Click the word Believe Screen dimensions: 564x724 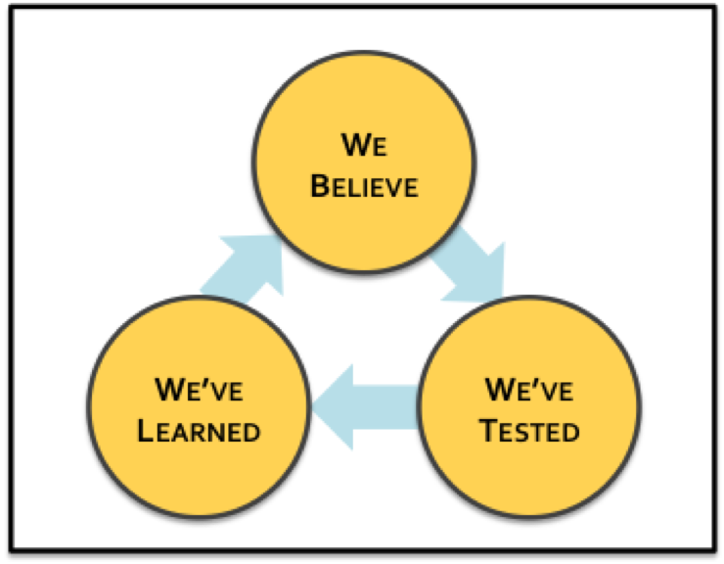364,186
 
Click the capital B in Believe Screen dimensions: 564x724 319,186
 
